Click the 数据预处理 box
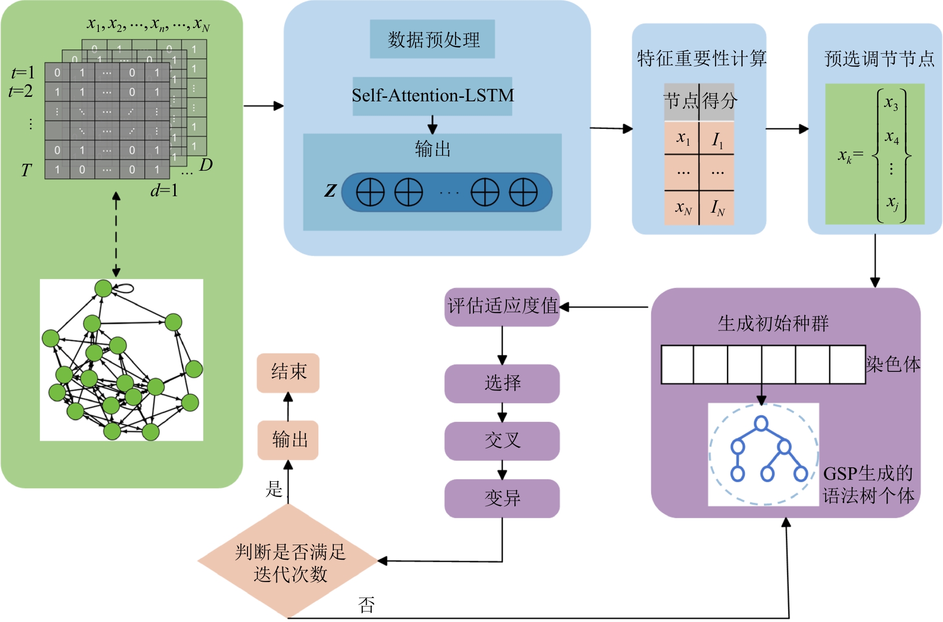tap(432, 39)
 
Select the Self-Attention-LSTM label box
tap(432, 95)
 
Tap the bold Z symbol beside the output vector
tap(330, 190)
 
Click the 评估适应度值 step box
tap(502, 307)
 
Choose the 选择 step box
tap(502, 383)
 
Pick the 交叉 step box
tap(502, 441)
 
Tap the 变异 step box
tap(502, 498)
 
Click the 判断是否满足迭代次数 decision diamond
tap(289, 562)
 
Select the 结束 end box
tap(288, 372)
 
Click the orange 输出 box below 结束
tap(288, 440)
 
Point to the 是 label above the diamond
tap(274, 489)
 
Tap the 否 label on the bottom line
tap(366, 605)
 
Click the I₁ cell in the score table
tap(717, 139)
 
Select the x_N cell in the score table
tap(682, 207)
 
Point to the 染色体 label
tap(893, 364)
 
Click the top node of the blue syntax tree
tap(761, 423)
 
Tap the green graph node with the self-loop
tap(103, 288)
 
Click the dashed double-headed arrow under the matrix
tap(116, 235)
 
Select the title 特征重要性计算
tap(701, 59)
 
